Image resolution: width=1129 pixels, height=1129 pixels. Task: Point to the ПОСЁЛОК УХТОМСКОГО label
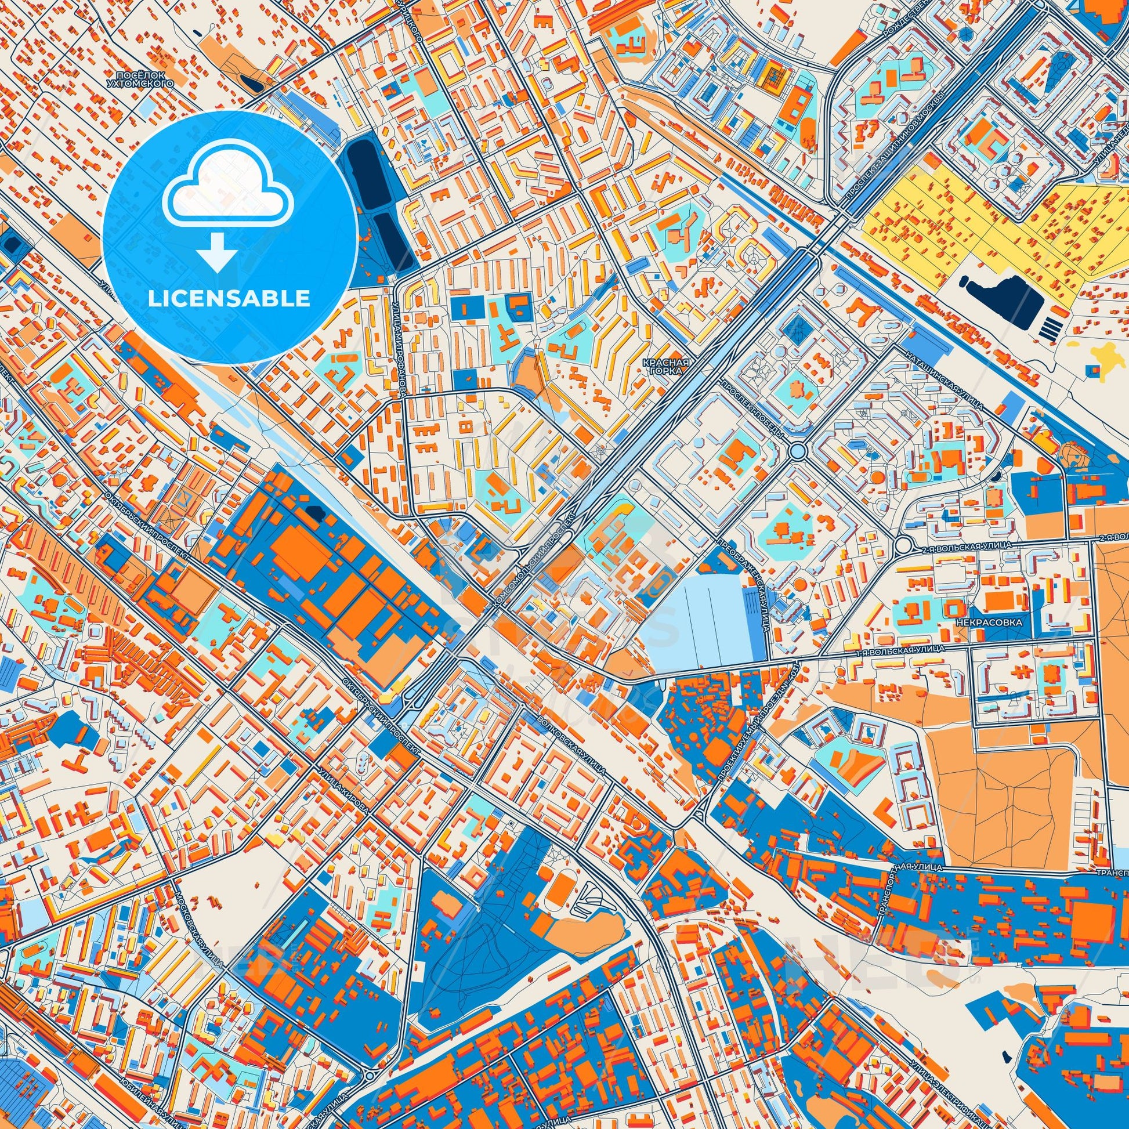pos(144,79)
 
